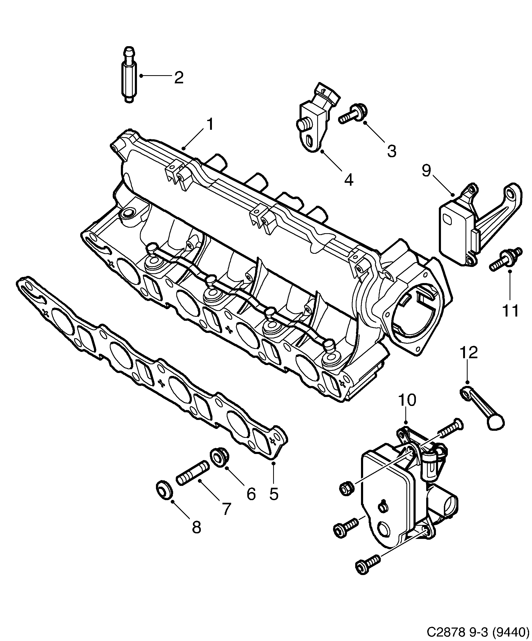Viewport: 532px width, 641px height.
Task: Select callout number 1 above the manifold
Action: (x=210, y=125)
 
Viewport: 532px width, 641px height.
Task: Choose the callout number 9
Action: (x=426, y=171)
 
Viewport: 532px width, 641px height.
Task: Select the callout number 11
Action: (x=510, y=310)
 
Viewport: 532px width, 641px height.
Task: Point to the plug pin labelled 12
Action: (x=483, y=408)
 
